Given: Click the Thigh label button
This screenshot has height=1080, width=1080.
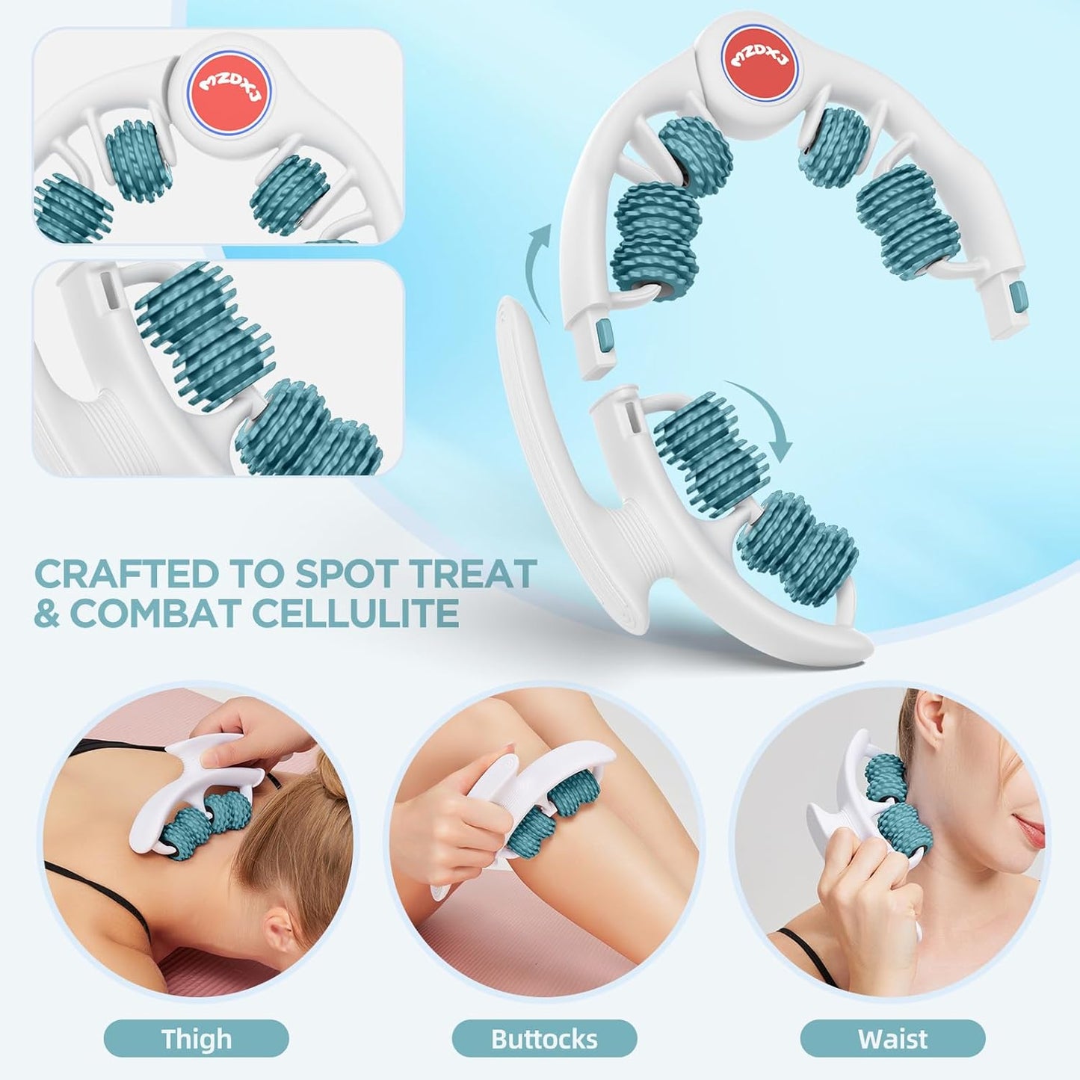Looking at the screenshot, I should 196,1039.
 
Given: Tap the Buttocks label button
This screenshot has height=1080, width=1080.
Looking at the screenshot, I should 544,1039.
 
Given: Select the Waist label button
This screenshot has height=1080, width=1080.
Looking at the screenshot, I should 892,1039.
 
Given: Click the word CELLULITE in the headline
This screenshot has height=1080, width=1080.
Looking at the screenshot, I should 355,614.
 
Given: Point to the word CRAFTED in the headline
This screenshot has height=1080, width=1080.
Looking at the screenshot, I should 126,574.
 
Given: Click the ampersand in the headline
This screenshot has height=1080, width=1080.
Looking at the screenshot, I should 46,614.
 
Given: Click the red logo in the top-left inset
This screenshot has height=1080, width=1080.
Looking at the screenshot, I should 230,90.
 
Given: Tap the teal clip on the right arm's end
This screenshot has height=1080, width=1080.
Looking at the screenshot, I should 1018,297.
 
